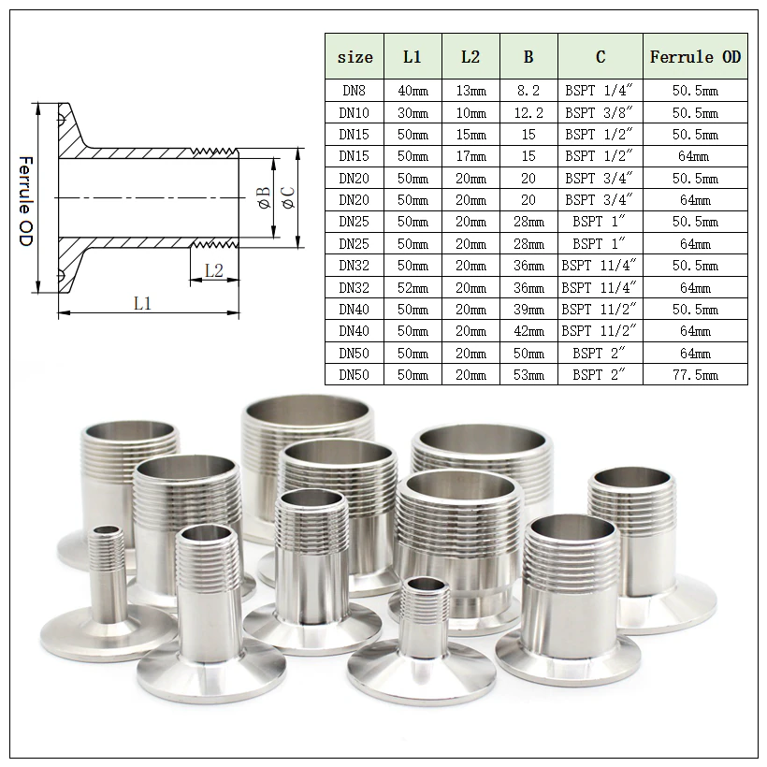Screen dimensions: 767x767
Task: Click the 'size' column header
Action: click(x=355, y=57)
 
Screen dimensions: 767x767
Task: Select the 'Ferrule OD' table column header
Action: click(x=695, y=57)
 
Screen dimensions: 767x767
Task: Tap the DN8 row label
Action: click(x=355, y=91)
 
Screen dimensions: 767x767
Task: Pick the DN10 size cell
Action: click(x=355, y=112)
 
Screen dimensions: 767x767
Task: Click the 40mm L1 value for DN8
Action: click(x=412, y=91)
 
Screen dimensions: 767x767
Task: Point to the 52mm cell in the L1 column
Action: click(x=412, y=287)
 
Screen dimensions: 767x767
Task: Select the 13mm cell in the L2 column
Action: click(x=470, y=91)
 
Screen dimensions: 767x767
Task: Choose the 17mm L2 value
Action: click(x=470, y=156)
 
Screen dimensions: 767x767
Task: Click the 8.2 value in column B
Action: click(x=528, y=91)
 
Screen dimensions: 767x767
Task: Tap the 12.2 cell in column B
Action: click(x=528, y=112)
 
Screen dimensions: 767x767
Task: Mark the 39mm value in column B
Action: click(x=528, y=310)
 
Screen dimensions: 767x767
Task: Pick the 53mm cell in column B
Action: click(x=528, y=375)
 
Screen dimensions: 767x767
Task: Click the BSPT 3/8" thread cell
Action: click(x=600, y=112)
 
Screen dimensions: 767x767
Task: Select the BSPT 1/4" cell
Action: click(x=600, y=91)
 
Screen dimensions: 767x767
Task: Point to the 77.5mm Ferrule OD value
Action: click(x=695, y=375)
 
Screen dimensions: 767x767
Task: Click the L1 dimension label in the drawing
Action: click(x=142, y=303)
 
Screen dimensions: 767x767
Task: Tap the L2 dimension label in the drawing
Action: click(x=213, y=270)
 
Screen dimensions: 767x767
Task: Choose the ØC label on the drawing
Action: click(x=287, y=197)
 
